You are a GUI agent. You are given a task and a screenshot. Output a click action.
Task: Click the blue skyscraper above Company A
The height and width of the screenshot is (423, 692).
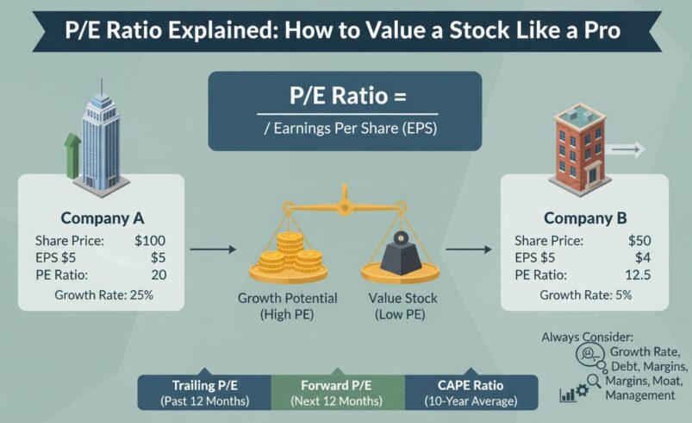(101, 142)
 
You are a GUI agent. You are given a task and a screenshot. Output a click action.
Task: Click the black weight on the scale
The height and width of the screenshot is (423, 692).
(399, 253)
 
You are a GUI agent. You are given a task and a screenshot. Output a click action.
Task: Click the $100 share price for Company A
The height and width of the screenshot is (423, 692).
(150, 241)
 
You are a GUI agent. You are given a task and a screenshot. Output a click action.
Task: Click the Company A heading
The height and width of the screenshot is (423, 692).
(102, 218)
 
